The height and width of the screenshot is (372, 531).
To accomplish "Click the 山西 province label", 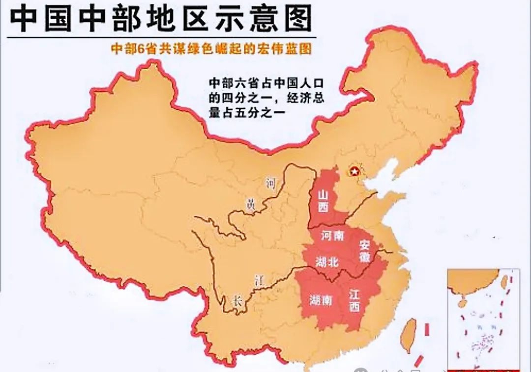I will click(323, 201).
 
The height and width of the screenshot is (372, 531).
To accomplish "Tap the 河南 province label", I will click(332, 236).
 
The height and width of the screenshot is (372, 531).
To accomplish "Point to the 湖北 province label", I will click(327, 262).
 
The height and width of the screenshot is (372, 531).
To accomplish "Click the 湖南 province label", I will click(321, 300).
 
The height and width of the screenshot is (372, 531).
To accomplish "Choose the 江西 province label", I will click(354, 300).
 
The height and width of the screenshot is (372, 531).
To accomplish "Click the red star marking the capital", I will click(354, 172).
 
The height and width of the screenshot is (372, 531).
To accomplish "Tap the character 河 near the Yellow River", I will click(270, 184).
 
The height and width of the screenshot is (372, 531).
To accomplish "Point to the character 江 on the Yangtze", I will click(259, 280).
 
